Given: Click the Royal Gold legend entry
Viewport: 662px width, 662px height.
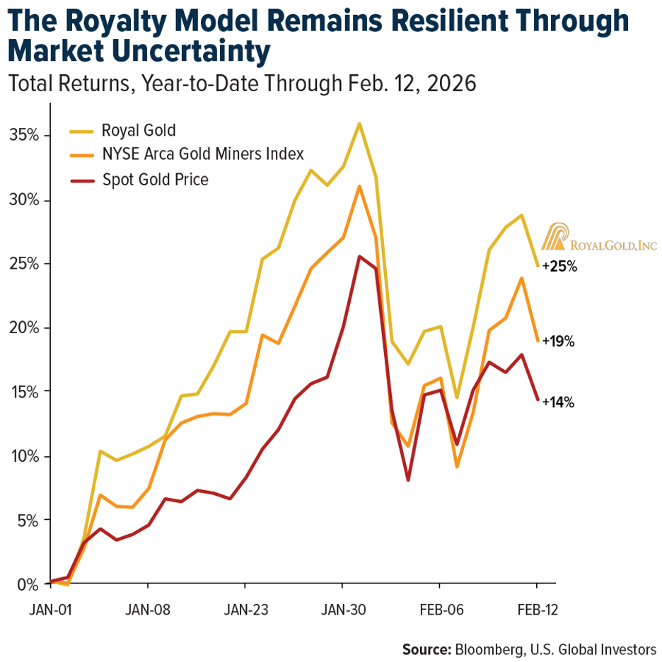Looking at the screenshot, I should [x=139, y=130].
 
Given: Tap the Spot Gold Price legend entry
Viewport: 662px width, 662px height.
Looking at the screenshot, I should [x=155, y=180].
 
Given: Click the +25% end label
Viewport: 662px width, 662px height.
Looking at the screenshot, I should [x=559, y=268].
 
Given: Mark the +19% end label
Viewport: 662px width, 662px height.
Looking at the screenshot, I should [x=559, y=342].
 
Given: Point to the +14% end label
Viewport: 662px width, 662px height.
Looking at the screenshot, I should [x=559, y=402].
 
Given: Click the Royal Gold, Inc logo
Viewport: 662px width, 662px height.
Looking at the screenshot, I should [x=599, y=238].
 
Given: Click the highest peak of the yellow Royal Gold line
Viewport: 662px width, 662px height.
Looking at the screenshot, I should [x=359, y=124].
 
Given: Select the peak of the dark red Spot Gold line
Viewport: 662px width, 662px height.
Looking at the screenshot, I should [x=359, y=257].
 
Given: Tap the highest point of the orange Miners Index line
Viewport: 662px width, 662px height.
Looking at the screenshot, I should [x=359, y=187].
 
